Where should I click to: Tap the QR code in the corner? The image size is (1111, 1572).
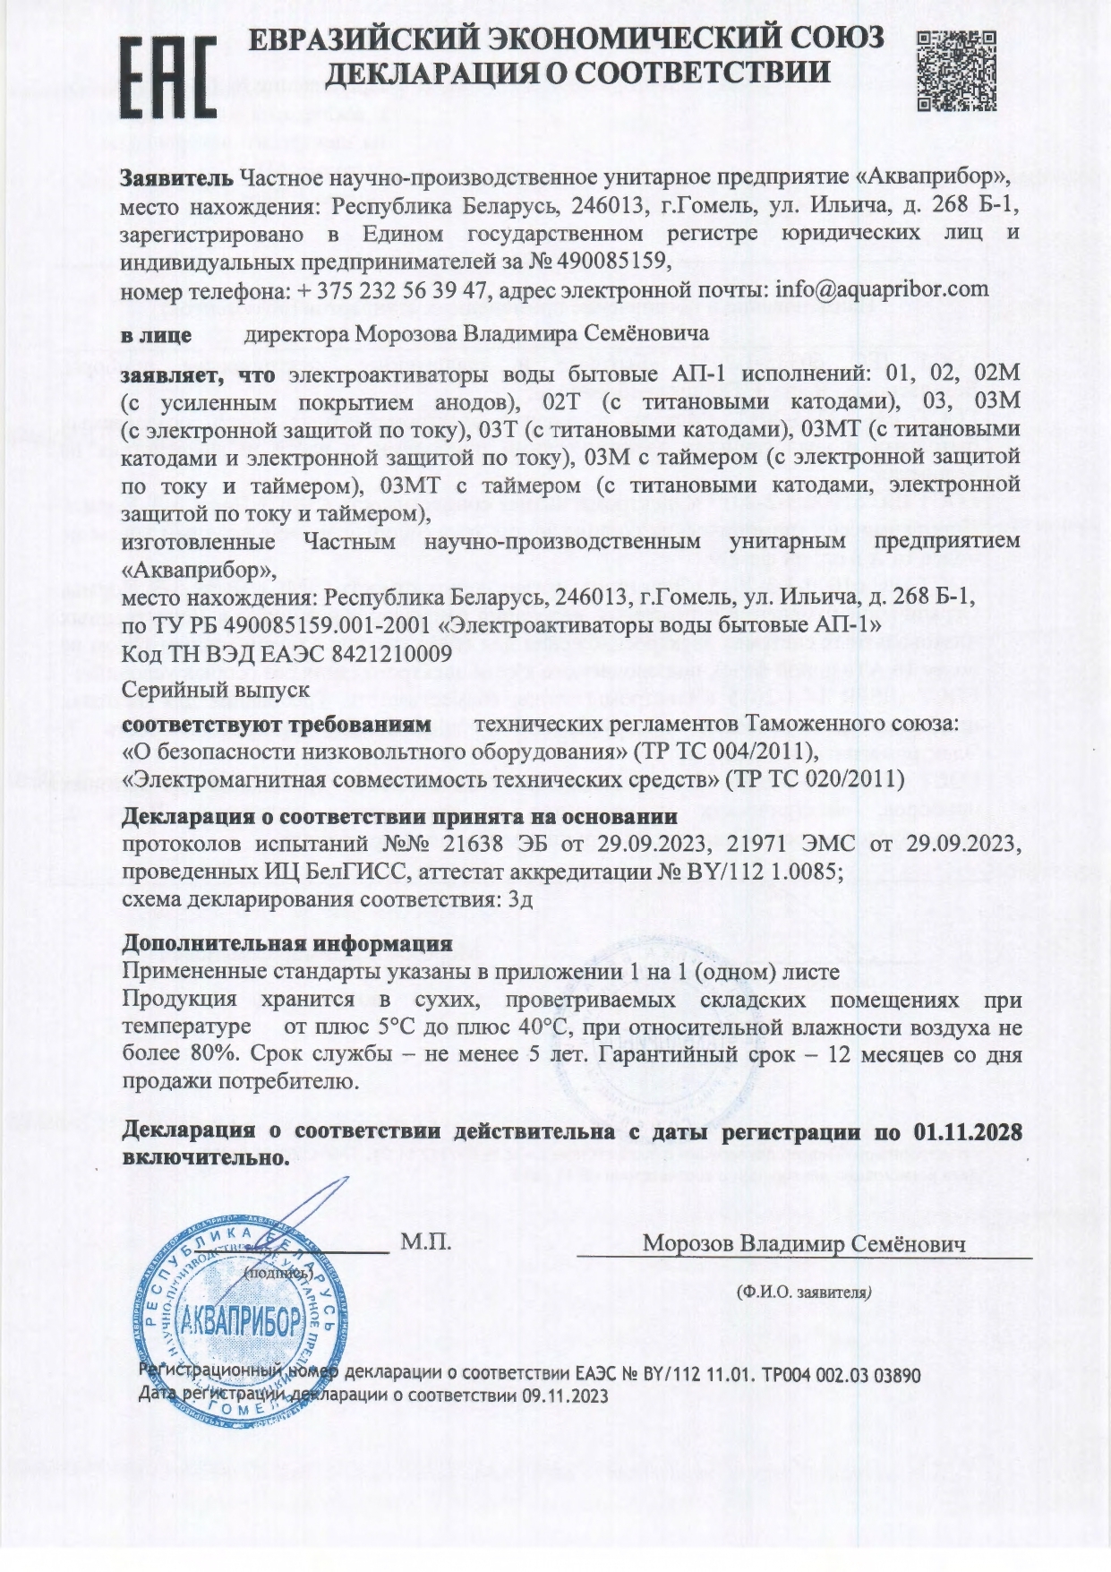click(x=957, y=70)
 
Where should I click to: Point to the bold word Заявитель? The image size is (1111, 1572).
click(x=177, y=177)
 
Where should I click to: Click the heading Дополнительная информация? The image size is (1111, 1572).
click(x=286, y=943)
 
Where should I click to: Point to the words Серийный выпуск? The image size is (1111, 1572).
click(x=216, y=690)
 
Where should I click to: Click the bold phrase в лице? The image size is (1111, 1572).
click(x=157, y=335)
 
